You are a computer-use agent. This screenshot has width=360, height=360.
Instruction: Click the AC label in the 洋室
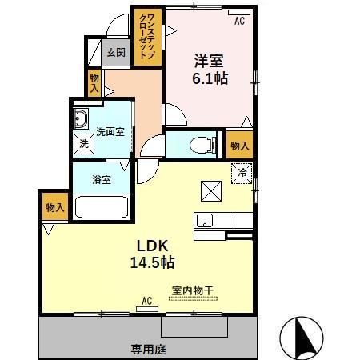[x=238, y=22]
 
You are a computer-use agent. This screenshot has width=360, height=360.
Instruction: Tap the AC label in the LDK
[x=146, y=301]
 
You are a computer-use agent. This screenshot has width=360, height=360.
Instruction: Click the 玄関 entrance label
[x=115, y=54]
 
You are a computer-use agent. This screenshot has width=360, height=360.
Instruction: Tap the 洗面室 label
[x=110, y=131]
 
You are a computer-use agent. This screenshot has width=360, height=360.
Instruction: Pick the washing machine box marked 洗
[x=83, y=145]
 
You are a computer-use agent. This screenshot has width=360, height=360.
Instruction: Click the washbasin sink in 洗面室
[x=80, y=121]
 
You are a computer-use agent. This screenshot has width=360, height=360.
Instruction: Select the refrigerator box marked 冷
[x=240, y=171]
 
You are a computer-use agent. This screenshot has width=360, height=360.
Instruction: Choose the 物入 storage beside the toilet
[x=239, y=145]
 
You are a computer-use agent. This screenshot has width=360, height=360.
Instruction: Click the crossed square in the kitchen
[x=210, y=191]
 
